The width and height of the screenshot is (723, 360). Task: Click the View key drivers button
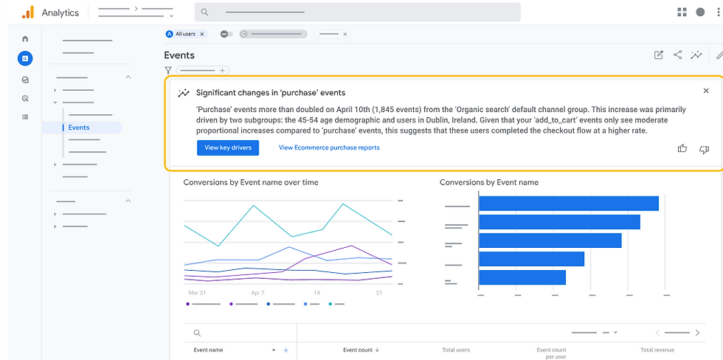point(227,148)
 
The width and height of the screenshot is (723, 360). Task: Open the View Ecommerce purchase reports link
point(329,148)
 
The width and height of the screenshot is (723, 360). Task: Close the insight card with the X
point(705,91)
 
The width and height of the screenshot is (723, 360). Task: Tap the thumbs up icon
point(682,149)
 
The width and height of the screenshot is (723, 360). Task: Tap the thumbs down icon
point(704,149)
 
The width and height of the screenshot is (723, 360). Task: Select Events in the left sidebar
point(79,128)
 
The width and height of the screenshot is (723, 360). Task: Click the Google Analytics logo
point(27,13)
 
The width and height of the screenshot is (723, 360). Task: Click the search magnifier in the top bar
point(204,13)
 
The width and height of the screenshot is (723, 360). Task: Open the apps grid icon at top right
point(682,13)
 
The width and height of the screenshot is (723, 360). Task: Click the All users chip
point(186,34)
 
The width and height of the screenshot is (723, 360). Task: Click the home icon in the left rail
point(25,38)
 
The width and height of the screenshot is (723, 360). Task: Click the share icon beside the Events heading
point(677,55)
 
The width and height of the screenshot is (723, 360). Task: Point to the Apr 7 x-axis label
point(257,293)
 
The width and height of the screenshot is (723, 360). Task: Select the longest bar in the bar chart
point(568,204)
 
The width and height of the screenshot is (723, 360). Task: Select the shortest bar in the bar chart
point(522,277)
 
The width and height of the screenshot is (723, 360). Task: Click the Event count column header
point(361,350)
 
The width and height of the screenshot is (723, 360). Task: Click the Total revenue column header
point(657,350)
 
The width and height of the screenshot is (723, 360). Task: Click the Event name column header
point(208,350)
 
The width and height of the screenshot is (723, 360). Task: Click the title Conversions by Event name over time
point(251,182)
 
